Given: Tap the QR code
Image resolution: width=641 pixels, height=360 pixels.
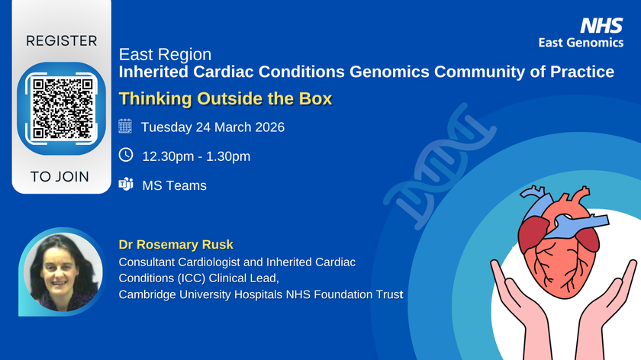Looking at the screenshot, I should pyautogui.click(x=61, y=106).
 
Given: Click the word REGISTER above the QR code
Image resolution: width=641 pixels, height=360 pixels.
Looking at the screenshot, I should pyautogui.click(x=62, y=40).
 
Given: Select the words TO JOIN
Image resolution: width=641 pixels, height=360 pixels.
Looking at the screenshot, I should pyautogui.click(x=60, y=177).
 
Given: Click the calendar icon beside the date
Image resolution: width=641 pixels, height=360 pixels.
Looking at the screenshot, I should pyautogui.click(x=126, y=127).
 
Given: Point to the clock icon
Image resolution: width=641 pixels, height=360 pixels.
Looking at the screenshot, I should pyautogui.click(x=126, y=156).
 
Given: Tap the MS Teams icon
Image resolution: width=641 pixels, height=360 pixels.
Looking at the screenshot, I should pyautogui.click(x=126, y=185).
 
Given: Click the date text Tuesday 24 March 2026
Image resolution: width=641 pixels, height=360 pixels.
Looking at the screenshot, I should pyautogui.click(x=213, y=127).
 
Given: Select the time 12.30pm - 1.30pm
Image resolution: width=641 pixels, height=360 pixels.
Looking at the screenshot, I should pyautogui.click(x=196, y=156).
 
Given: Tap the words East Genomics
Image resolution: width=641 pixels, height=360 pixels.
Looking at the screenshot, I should pyautogui.click(x=591, y=43).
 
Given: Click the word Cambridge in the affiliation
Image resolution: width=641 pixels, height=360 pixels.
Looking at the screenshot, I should pyautogui.click(x=146, y=294).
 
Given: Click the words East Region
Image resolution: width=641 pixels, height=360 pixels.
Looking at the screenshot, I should pyautogui.click(x=166, y=56).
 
